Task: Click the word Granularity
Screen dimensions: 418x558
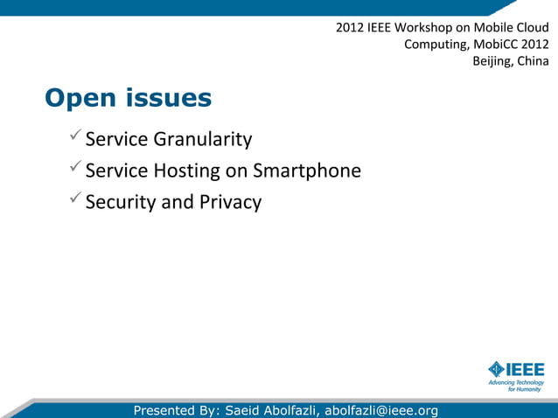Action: tap(203, 139)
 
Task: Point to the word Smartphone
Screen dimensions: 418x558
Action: tap(307, 171)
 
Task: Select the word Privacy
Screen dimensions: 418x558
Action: tap(230, 202)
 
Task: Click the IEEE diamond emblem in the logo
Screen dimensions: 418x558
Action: tap(497, 368)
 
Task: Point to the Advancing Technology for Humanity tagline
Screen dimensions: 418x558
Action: tap(516, 385)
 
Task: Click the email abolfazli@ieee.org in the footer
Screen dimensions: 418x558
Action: tap(381, 410)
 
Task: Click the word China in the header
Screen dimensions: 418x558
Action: tap(534, 61)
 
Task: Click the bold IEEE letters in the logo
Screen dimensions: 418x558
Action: tap(526, 368)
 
